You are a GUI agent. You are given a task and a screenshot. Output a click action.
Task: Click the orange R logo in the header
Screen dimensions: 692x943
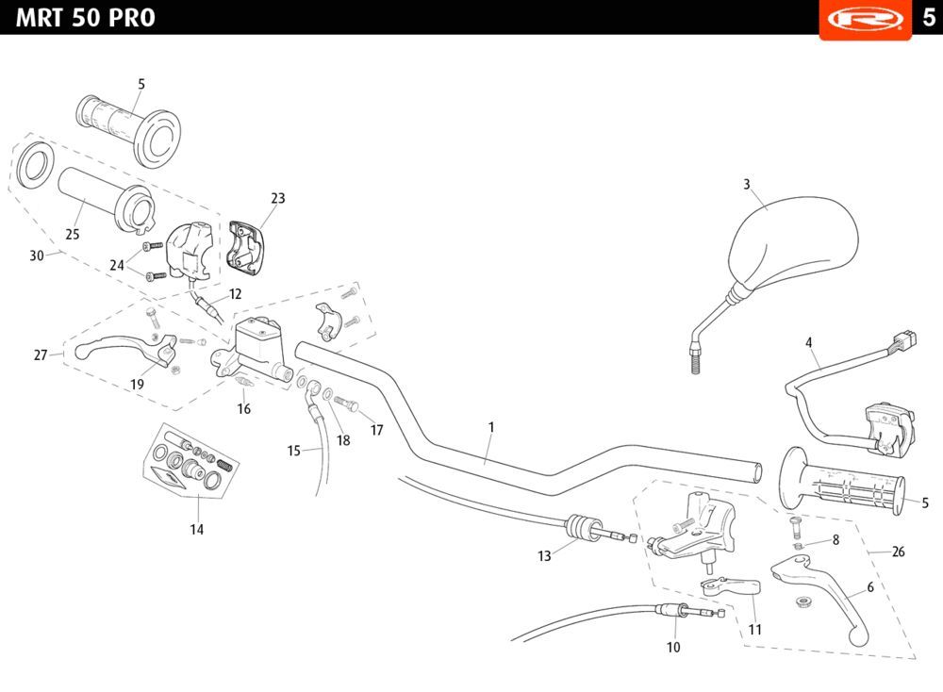tap(865, 19)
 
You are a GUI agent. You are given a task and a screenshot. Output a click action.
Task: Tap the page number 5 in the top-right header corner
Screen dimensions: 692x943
tap(928, 18)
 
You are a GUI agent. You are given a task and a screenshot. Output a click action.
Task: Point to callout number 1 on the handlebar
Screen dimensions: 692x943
tap(491, 427)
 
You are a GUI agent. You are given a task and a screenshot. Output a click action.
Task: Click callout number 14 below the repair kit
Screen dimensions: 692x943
tap(196, 530)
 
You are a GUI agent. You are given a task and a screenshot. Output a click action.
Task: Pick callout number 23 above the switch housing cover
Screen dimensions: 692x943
tap(277, 199)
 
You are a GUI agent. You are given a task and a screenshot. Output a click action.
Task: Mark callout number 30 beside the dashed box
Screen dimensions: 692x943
tap(37, 255)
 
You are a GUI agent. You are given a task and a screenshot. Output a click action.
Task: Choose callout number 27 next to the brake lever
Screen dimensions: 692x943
tap(41, 355)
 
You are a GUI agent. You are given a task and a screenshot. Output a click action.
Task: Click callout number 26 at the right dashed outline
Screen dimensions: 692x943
tap(898, 552)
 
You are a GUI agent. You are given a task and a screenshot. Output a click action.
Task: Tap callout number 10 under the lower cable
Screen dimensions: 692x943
tap(673, 648)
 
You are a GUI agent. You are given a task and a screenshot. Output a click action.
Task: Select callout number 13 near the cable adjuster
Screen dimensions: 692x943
tap(544, 556)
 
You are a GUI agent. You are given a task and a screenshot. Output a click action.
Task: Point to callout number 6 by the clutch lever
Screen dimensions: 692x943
tap(870, 586)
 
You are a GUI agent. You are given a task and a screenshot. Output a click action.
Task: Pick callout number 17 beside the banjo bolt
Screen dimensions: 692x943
tap(377, 430)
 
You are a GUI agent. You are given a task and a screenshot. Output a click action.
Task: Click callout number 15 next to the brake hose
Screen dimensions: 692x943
tap(293, 452)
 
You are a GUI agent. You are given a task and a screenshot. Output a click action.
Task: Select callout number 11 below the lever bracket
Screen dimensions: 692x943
tap(754, 629)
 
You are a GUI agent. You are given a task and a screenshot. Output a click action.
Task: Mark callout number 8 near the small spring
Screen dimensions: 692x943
tap(835, 540)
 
